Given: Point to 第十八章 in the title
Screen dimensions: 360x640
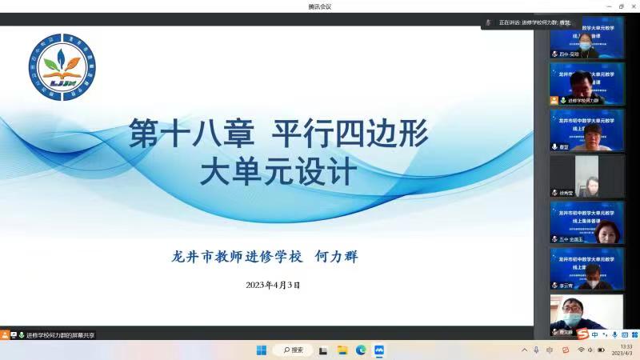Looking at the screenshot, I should point(192,134).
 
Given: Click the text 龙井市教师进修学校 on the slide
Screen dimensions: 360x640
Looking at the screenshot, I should point(238,257).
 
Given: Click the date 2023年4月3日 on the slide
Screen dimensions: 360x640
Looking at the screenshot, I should point(272,285).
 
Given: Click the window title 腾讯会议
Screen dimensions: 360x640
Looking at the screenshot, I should point(319,6).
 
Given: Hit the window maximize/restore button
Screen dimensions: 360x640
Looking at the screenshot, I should point(621,6).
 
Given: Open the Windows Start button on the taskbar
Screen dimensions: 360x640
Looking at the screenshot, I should point(261,350).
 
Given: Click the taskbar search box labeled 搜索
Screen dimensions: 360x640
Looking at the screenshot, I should point(293,350).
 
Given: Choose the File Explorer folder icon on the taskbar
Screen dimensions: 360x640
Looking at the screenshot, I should point(342,350).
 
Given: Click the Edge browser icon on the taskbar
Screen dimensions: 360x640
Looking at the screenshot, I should point(361,350).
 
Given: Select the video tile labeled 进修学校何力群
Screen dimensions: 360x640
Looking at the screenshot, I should point(586,83).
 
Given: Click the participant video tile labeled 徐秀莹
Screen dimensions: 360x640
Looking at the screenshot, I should point(586,176).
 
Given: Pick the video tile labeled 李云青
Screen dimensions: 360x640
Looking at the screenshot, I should point(586,269).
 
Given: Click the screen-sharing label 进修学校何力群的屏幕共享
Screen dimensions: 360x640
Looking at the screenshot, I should point(60,335).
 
